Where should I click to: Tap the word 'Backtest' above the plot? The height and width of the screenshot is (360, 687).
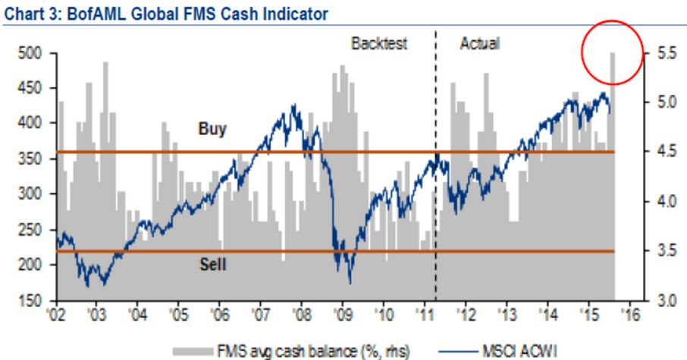pyautogui.click(x=378, y=43)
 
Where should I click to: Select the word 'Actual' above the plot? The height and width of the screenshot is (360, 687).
pyautogui.click(x=479, y=43)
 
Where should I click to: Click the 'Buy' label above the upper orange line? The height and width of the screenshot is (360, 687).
pyautogui.click(x=212, y=129)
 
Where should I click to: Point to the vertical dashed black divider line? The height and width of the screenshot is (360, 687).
pyautogui.click(x=435, y=189)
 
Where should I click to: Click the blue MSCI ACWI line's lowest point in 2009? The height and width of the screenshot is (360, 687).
pyautogui.click(x=350, y=283)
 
